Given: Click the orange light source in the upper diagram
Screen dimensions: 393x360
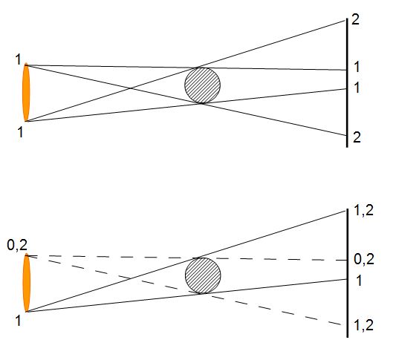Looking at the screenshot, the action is click(x=26, y=92).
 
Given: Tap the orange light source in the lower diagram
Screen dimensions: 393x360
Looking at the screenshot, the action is click(x=26, y=283).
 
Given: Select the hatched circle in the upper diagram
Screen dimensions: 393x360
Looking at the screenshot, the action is click(x=203, y=85).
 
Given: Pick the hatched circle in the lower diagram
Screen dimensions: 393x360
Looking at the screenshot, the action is click(x=203, y=275).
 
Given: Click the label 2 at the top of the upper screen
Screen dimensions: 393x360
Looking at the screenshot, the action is click(x=355, y=19).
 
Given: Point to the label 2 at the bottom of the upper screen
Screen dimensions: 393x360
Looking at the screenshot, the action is click(x=357, y=137).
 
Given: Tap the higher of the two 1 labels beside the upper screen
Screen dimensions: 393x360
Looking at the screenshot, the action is click(x=357, y=67).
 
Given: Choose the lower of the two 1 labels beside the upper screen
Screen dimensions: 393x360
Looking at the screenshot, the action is click(x=357, y=88).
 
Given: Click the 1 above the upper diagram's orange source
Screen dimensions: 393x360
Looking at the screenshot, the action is click(x=18, y=59).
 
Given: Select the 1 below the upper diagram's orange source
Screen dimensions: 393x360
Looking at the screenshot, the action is click(x=20, y=131).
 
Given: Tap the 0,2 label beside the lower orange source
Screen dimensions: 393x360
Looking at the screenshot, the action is click(x=17, y=245).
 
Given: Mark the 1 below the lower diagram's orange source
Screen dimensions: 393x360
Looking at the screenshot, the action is click(x=18, y=321).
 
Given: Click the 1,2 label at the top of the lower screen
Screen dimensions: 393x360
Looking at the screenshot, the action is click(x=363, y=211).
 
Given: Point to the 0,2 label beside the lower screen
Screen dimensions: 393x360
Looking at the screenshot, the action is click(x=364, y=259).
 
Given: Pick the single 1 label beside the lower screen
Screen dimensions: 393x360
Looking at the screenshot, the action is click(x=359, y=281).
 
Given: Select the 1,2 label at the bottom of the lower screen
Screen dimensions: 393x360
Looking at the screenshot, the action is click(x=363, y=325).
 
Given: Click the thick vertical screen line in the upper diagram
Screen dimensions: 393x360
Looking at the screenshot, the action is click(x=347, y=83).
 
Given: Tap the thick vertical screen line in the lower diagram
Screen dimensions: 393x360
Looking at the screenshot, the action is click(x=348, y=273).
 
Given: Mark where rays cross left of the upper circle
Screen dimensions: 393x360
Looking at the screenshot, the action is click(x=131, y=88).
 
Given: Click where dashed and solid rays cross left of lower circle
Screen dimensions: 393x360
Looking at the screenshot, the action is click(x=131, y=278).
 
